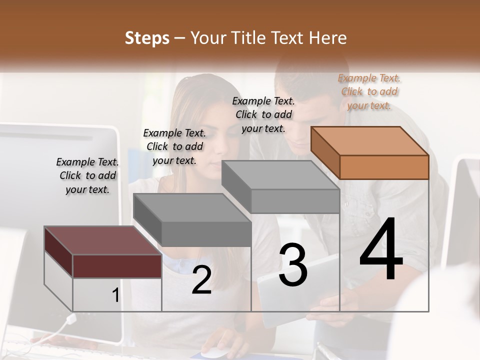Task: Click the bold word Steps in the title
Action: (x=146, y=38)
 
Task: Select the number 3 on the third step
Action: (x=292, y=265)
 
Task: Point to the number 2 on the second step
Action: (x=201, y=280)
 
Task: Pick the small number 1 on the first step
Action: (x=115, y=295)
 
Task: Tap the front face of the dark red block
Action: (x=117, y=266)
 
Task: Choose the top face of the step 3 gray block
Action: (x=280, y=175)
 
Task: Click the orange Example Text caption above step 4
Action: (x=369, y=91)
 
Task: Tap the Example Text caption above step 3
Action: (x=263, y=114)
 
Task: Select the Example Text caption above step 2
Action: (x=174, y=146)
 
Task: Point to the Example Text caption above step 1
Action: (x=87, y=175)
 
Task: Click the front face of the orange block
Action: (x=384, y=167)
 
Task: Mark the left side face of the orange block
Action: (x=325, y=152)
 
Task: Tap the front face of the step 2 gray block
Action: (x=206, y=234)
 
